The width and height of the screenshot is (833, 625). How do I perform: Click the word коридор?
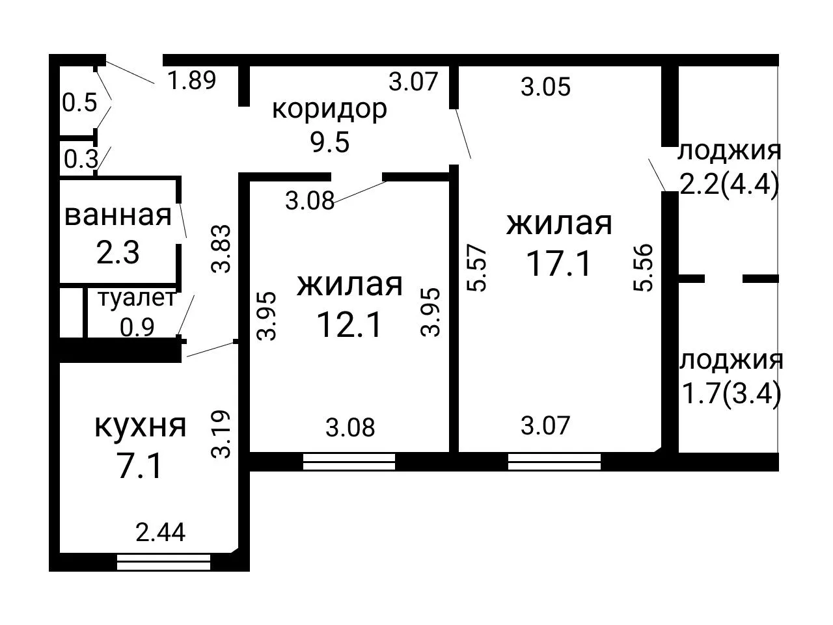[x=329, y=111]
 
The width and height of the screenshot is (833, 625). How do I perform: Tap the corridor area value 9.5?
[x=329, y=142]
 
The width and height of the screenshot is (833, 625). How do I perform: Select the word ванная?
[x=118, y=216]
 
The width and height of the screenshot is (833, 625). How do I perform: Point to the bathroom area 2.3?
[x=118, y=252]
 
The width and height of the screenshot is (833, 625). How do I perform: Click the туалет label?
[x=137, y=298]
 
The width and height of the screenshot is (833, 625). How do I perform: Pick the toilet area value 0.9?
[x=137, y=327]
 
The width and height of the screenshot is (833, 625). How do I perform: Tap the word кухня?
[x=141, y=426]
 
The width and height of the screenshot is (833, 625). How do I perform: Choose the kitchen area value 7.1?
[x=140, y=466]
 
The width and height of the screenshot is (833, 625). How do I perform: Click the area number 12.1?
[x=349, y=325]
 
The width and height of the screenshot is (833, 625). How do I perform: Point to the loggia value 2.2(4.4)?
[x=729, y=185]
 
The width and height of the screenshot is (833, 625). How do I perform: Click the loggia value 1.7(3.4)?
[x=731, y=393]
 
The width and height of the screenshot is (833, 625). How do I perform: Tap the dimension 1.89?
[x=191, y=81]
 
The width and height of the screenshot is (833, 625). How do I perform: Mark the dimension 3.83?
[x=221, y=249]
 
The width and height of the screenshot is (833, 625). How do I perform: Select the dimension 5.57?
[x=476, y=267]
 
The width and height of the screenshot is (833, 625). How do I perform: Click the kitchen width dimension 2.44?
[x=161, y=532]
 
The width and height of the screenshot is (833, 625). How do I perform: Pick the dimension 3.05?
[x=545, y=87]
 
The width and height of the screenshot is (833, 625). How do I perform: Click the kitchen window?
[x=163, y=562]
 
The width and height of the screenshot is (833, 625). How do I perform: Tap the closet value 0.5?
[x=79, y=102]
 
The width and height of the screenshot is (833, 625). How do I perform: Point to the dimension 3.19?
[x=221, y=434]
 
